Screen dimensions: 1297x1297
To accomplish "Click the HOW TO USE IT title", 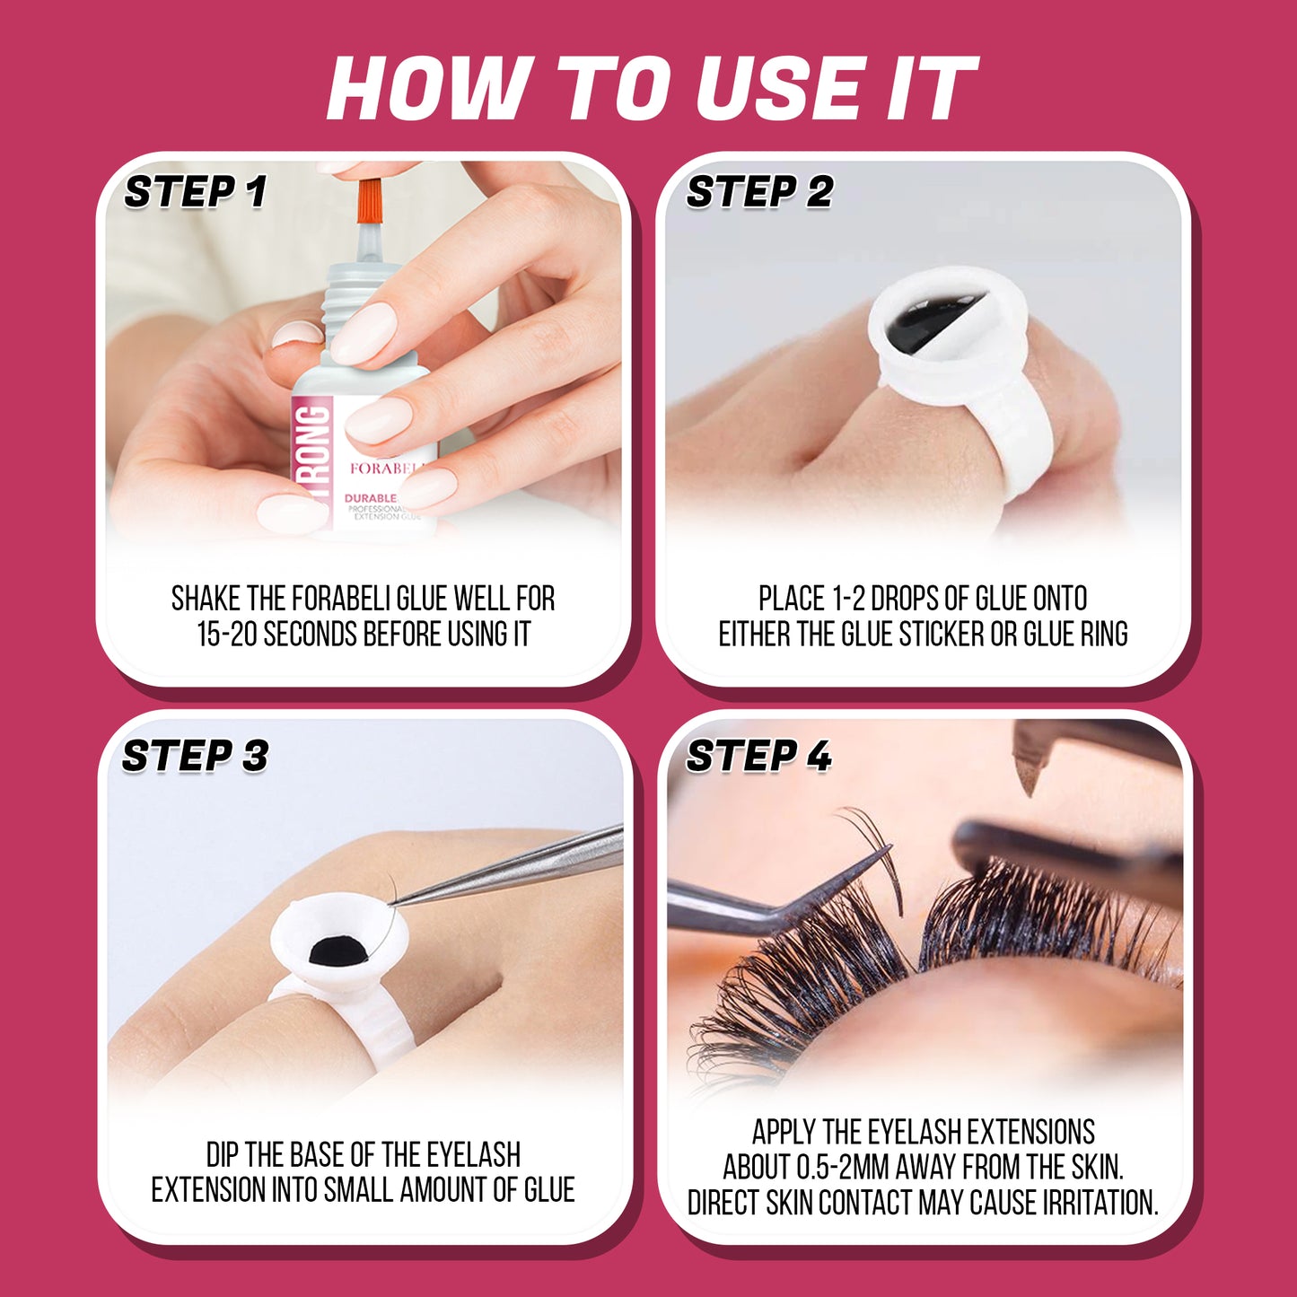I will coord(651,88).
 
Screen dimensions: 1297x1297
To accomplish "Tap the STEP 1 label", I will coord(195,192).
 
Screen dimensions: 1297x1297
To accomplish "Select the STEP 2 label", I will coord(759,192).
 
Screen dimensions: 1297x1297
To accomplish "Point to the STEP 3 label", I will coord(195,756).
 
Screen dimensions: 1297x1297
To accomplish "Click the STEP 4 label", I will coord(758,756).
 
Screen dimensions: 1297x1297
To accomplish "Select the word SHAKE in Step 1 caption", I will coord(206,599).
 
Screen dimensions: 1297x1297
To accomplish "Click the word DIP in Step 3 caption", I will coord(223,1154).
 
